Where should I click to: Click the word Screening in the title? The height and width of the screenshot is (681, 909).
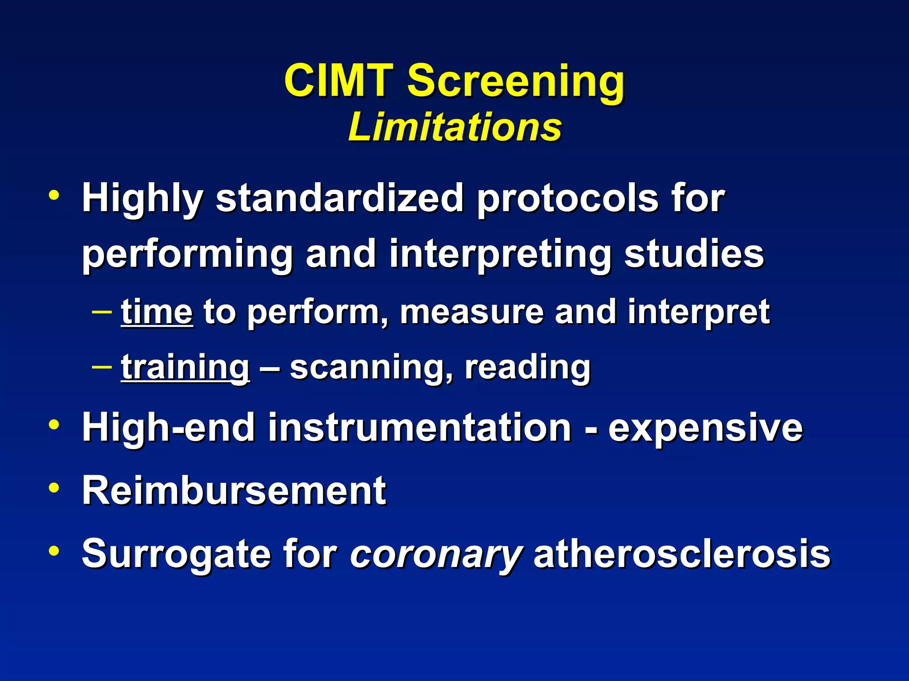click(516, 81)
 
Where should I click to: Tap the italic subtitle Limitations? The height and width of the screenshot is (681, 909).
click(454, 127)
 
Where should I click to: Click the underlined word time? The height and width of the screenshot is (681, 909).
click(157, 313)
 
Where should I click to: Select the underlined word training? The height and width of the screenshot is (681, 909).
click(185, 368)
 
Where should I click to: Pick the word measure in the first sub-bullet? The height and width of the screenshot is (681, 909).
click(471, 313)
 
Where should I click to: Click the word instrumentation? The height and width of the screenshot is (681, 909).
click(419, 428)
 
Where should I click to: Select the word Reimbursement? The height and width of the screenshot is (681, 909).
click(234, 490)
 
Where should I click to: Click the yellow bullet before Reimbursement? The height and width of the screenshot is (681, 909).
click(54, 488)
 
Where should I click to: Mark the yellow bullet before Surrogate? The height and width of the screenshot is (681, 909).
click(54, 551)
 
